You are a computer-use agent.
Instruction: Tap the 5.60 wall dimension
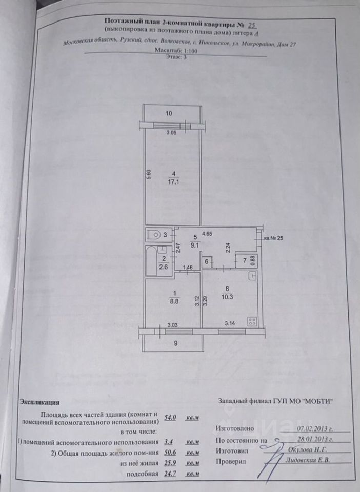click(x=148, y=174)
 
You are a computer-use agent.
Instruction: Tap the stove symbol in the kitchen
click(x=252, y=321)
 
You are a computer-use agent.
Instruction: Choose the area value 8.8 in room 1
click(x=174, y=302)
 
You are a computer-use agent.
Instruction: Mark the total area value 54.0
click(x=170, y=418)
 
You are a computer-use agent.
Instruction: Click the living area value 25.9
click(x=170, y=463)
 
